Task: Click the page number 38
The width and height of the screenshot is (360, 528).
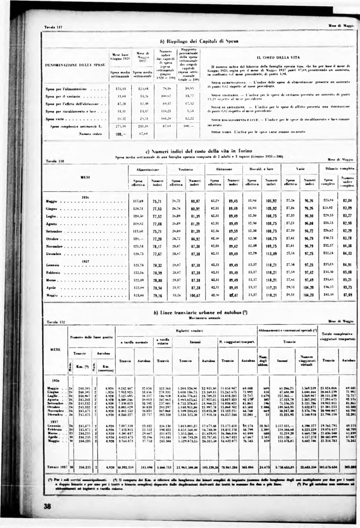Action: [48, 515]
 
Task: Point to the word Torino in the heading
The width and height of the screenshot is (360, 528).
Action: [243, 151]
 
